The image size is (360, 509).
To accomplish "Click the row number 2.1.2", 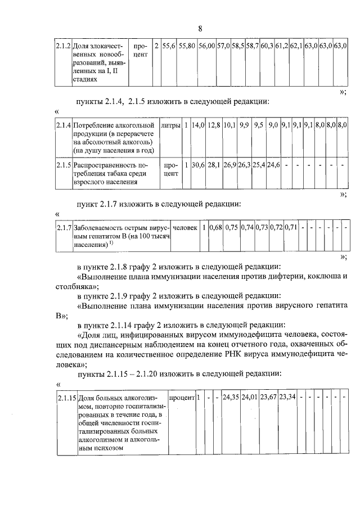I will tap(62, 44).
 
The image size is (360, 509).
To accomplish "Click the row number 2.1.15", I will tap(66, 397).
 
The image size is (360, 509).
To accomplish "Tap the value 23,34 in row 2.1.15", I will tap(288, 397).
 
